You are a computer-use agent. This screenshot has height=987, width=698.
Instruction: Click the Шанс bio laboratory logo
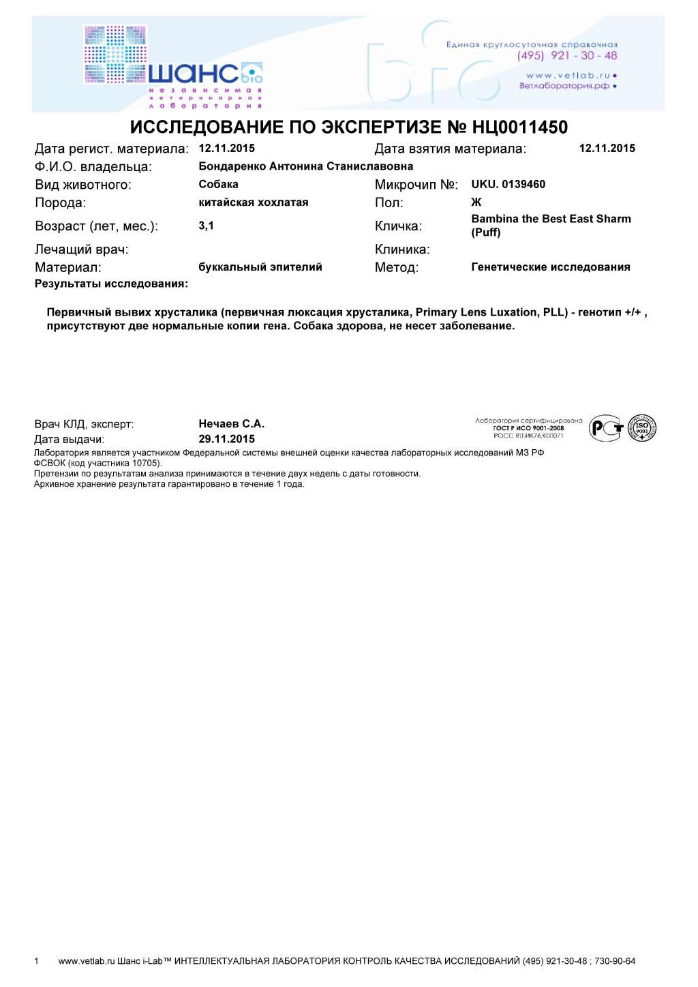pos(173,67)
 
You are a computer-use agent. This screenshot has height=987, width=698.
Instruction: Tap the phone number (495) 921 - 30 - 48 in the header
pos(567,56)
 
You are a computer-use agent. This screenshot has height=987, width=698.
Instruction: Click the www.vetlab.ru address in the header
pos(567,75)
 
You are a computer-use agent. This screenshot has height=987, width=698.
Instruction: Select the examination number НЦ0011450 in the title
pos(519,127)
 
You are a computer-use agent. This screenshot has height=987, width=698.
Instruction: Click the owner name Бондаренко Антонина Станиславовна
pos(305,166)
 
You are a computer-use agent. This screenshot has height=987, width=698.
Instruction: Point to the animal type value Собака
pos(218,184)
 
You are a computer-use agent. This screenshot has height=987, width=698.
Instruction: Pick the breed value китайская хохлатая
pos(253,202)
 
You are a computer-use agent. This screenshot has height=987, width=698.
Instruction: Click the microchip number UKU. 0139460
pos(508,184)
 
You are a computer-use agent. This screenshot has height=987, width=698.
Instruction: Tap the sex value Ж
pos(476,202)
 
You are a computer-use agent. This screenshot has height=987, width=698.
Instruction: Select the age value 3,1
pos(206,226)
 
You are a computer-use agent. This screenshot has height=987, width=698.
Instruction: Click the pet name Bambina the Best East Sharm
pos(551,219)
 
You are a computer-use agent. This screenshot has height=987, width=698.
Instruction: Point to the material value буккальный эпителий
pos(260,267)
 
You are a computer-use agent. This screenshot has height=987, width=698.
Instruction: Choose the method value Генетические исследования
pos(550,267)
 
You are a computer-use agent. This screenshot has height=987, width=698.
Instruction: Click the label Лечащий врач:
pos(81,249)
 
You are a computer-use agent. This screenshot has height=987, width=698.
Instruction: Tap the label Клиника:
pos(401,249)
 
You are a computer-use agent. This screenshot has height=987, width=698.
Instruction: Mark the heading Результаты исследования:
pos(111,284)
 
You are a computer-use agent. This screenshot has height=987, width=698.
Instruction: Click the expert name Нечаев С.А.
pos(231,424)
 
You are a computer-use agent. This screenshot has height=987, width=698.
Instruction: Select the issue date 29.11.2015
pos(226,439)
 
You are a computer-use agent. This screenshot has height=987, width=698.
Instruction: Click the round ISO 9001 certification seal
pos(641,428)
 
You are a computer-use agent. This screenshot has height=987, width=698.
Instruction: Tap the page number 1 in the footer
pos(37,961)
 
